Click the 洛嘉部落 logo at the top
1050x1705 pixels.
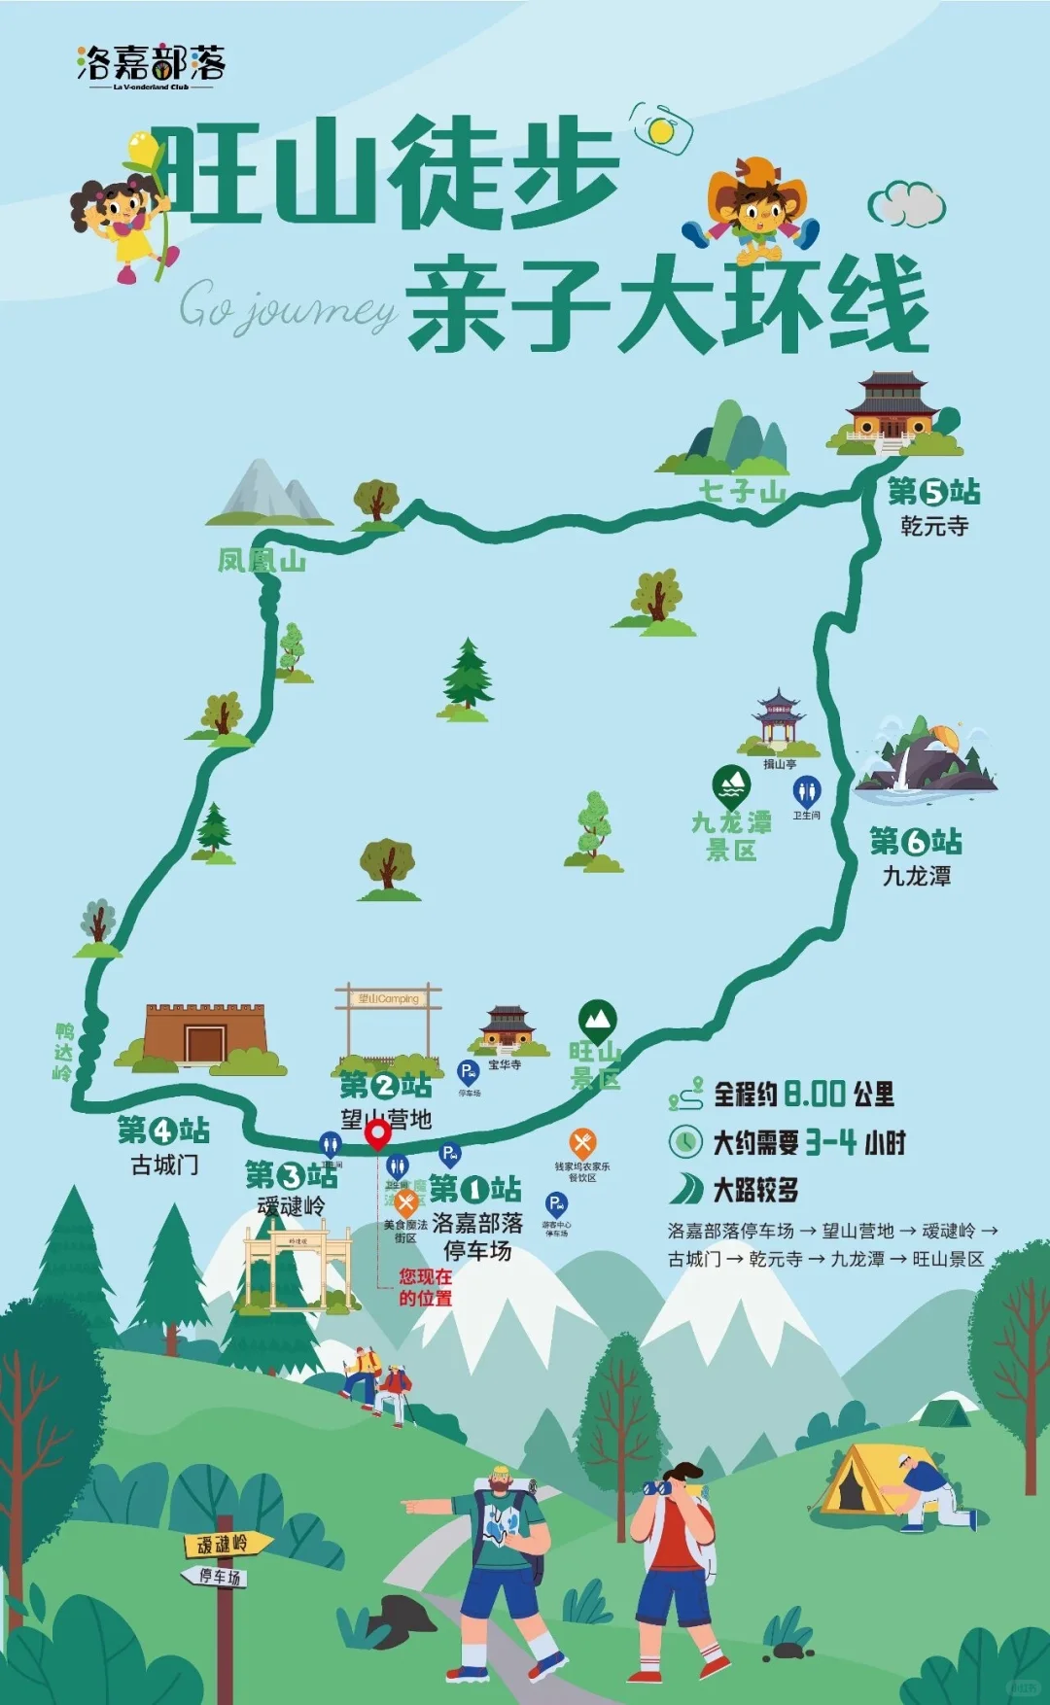pos(151,66)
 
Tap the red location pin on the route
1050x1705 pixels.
pos(377,1134)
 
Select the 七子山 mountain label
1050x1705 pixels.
pos(742,492)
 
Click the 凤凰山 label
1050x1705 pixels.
pos(261,561)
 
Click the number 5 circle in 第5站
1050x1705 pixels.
pos(933,493)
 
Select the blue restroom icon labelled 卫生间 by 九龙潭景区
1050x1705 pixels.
pos(806,791)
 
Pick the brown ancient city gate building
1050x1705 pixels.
pos(204,1035)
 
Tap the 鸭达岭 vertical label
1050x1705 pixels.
pos(64,1052)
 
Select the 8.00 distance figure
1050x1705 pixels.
pos(815,1095)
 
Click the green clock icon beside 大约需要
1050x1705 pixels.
pos(685,1141)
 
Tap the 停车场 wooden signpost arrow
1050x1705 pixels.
pos(216,1576)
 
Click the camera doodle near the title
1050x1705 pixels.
pos(661,129)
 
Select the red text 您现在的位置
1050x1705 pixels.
pos(425,1287)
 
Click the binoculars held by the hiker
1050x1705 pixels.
pos(658,1486)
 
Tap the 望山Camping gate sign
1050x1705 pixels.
pos(388,998)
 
